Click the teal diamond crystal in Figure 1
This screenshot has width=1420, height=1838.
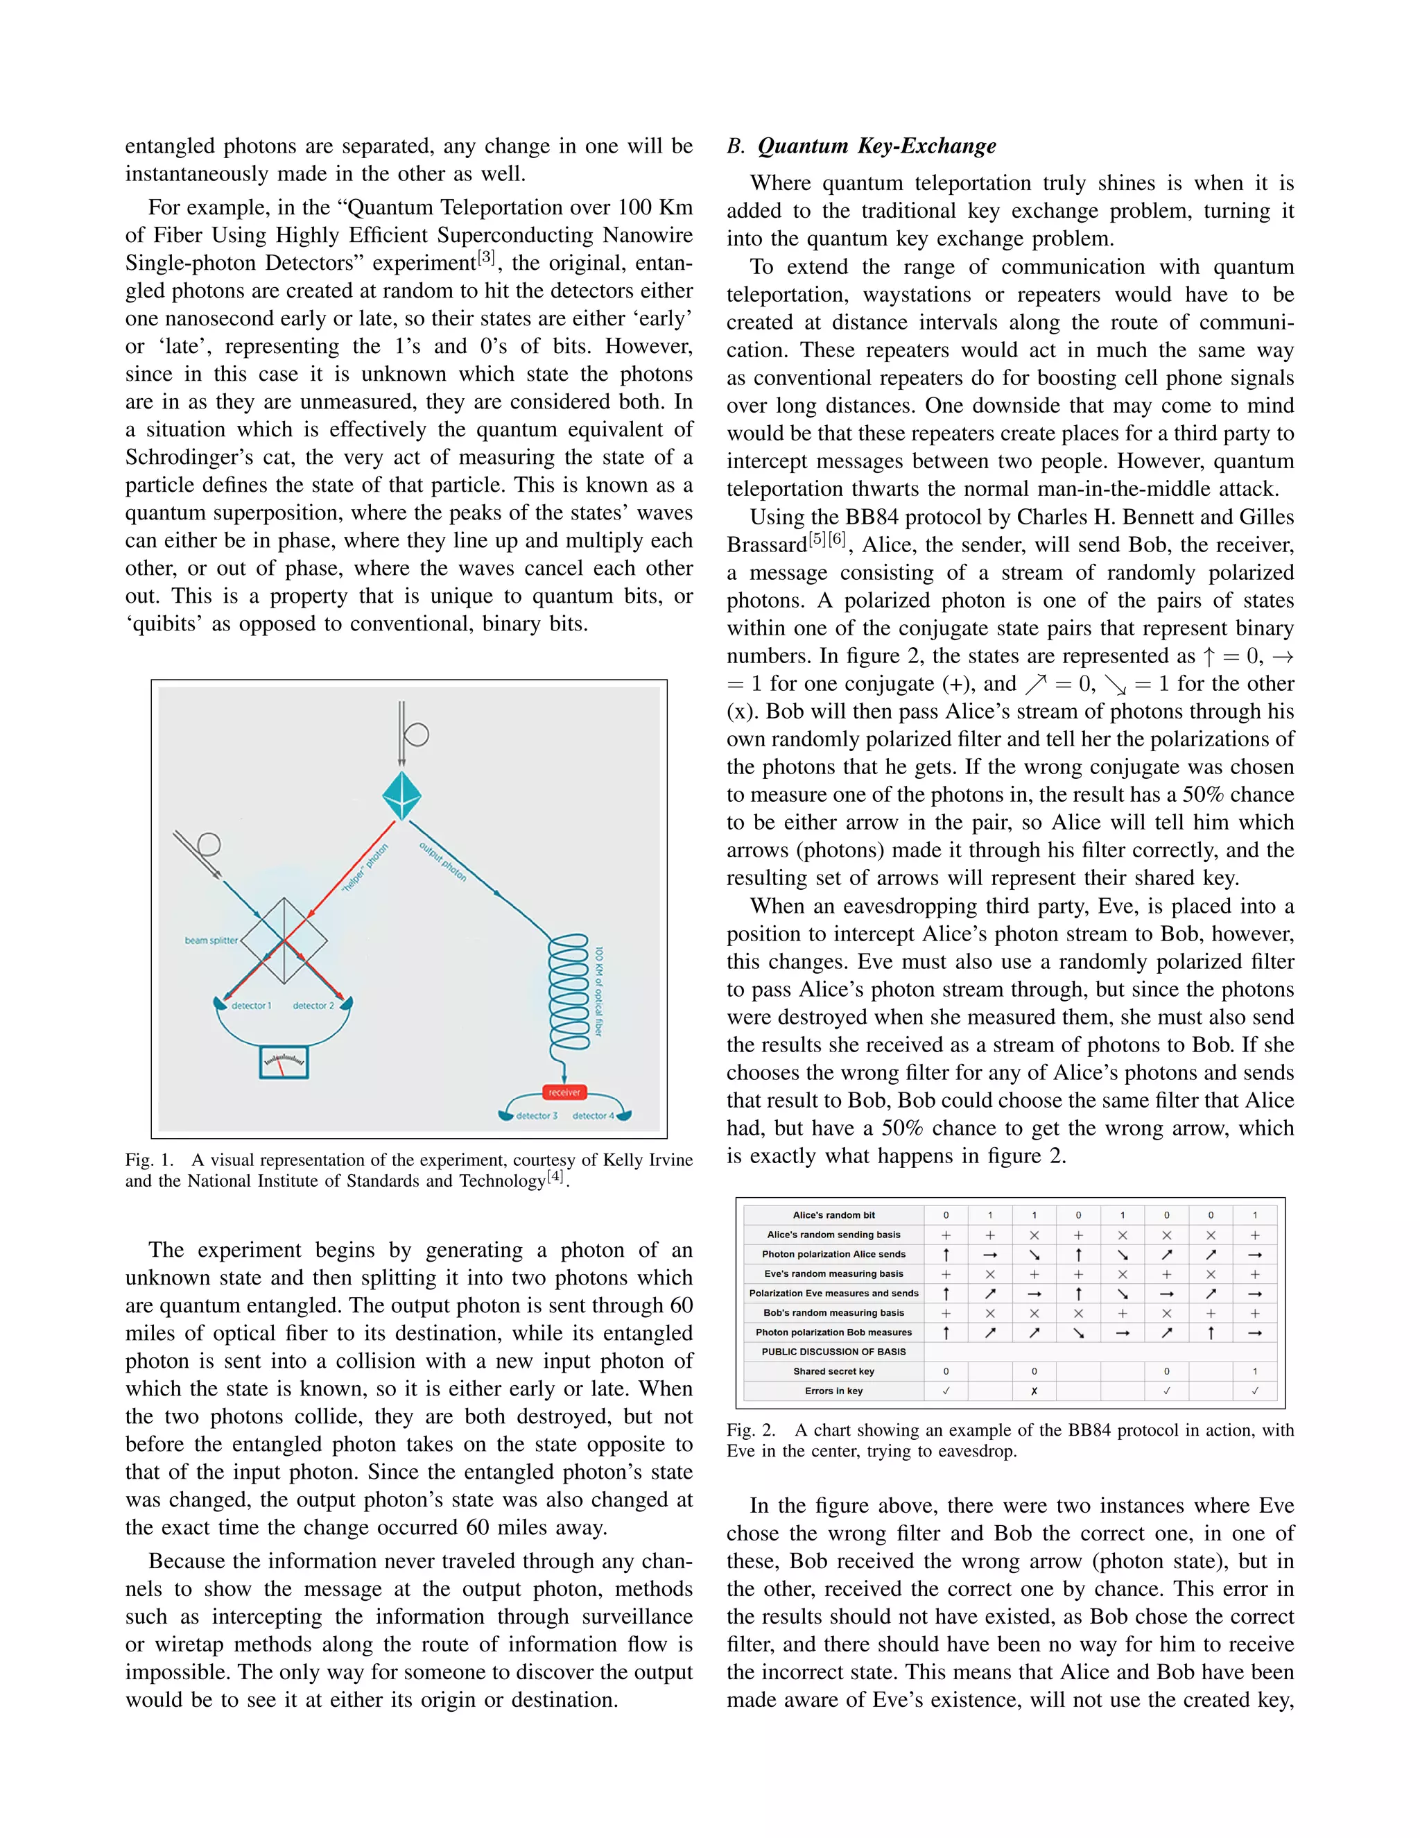point(401,796)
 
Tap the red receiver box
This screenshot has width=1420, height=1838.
point(564,1092)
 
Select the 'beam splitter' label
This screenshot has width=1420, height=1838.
point(211,940)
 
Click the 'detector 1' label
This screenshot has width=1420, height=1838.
point(251,1006)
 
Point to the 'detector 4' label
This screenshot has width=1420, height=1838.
point(593,1116)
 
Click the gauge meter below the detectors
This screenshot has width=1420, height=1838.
point(284,1062)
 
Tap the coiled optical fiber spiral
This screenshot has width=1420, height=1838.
point(569,993)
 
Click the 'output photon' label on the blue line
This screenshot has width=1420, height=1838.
point(443,861)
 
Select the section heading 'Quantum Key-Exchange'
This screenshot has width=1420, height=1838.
point(876,146)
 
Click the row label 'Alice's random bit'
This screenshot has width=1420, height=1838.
point(833,1215)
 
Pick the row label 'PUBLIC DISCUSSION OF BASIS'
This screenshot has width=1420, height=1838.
point(833,1352)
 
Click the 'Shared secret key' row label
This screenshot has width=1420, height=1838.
point(833,1371)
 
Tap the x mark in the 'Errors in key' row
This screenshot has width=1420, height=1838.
point(1034,1391)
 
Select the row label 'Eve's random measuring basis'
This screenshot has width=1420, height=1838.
point(833,1273)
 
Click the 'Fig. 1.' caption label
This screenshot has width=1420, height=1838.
point(150,1160)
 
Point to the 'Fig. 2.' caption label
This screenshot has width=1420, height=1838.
point(751,1430)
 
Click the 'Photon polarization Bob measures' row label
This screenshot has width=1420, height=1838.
point(833,1332)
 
